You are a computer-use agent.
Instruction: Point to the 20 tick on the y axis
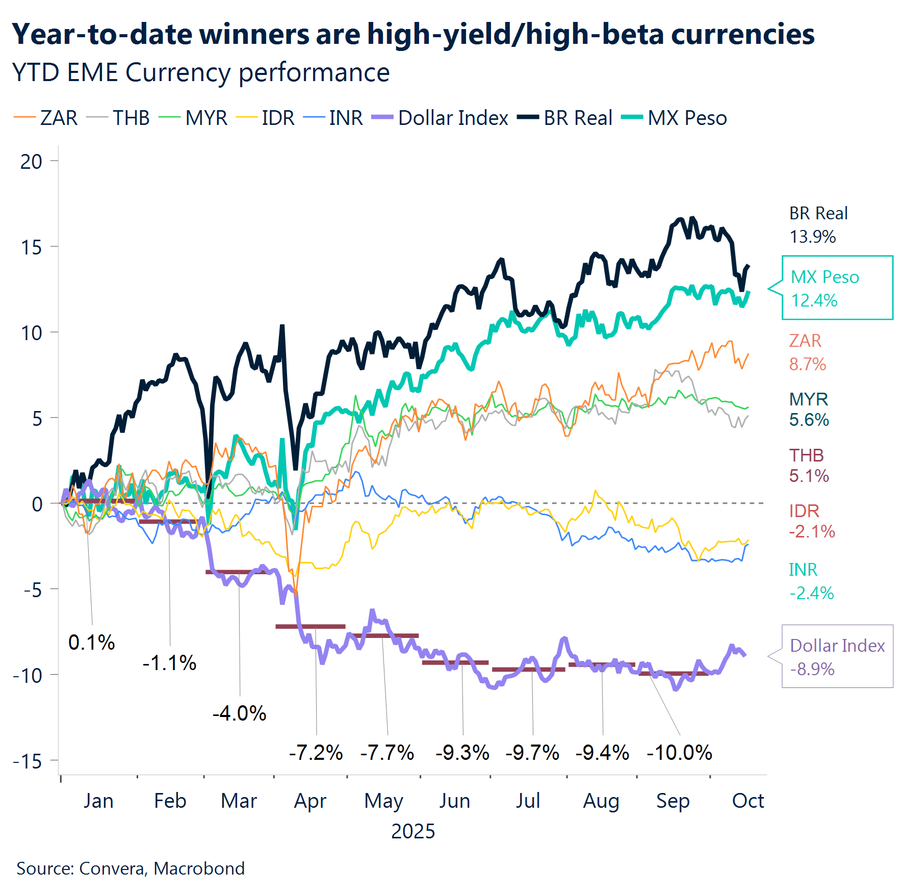tap(32, 162)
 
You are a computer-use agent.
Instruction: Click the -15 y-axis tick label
tap(28, 761)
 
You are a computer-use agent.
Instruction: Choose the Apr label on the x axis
tap(310, 801)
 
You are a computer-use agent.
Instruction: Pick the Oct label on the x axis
tap(747, 801)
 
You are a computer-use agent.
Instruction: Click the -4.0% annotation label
tap(239, 713)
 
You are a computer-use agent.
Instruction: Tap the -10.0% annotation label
tap(679, 752)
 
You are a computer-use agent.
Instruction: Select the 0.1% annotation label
tap(92, 642)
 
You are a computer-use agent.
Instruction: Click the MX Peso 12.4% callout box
tap(837, 288)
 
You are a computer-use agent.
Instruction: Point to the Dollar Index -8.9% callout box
tap(837, 657)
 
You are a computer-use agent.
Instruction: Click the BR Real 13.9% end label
tap(818, 225)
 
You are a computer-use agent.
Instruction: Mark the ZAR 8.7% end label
tap(807, 352)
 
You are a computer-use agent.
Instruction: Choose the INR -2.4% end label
tap(811, 581)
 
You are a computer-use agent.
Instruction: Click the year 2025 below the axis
tap(413, 831)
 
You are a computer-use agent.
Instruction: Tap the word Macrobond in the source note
tap(199, 868)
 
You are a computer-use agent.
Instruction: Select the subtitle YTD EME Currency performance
tap(201, 72)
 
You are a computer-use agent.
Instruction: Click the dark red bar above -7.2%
tap(310, 626)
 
